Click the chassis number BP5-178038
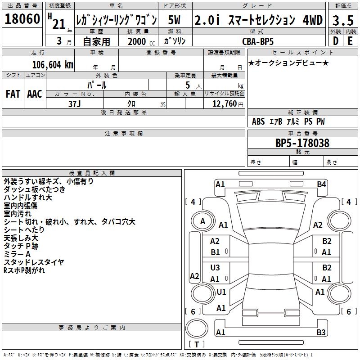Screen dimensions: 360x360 [302, 143]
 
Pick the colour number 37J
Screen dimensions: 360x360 [75, 103]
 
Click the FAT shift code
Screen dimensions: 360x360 [13, 94]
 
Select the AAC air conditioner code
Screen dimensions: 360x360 [35, 94]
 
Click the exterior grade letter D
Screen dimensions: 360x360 [335, 41]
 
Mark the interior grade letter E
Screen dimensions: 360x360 [350, 41]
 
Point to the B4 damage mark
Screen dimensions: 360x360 [321, 184]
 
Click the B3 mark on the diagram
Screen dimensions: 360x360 [321, 333]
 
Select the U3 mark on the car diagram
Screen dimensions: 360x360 [215, 268]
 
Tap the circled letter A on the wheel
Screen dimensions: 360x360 [202, 221]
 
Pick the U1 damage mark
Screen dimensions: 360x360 [221, 292]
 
